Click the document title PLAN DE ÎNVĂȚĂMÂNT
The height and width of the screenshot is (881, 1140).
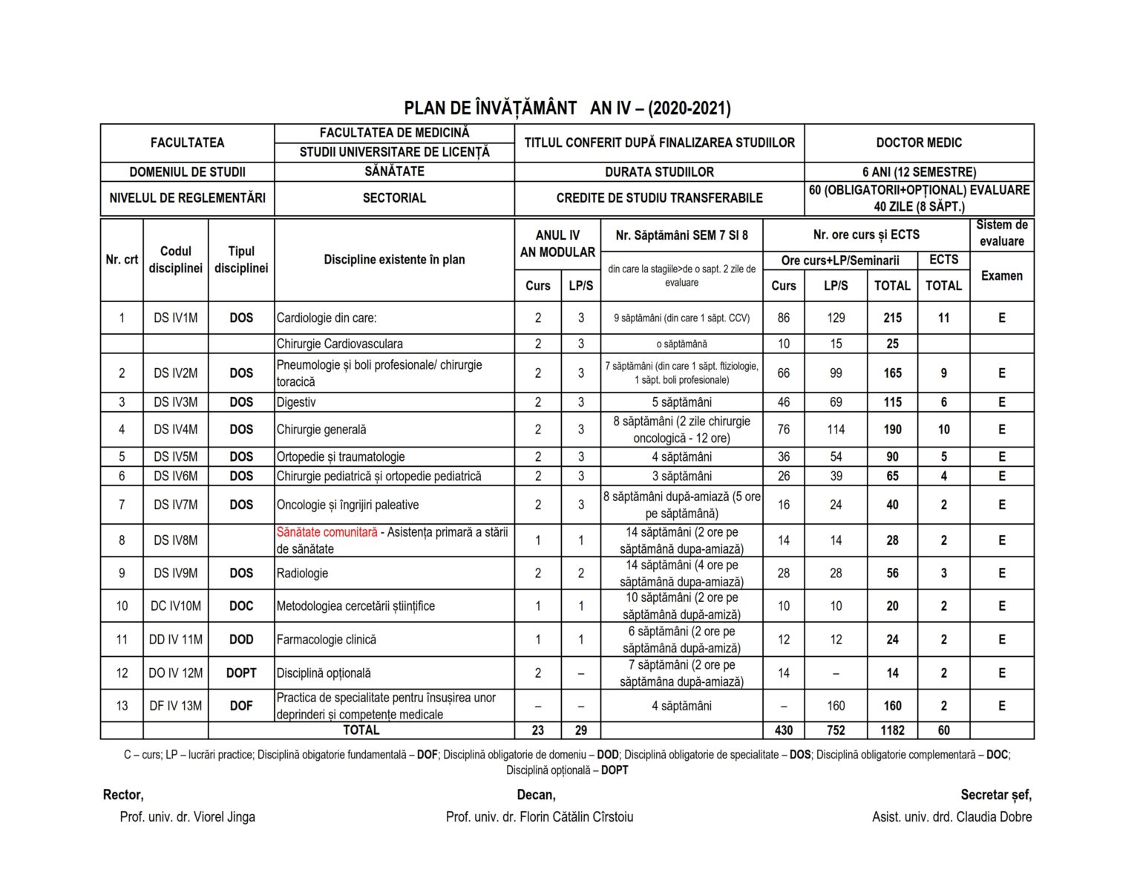[x=491, y=108]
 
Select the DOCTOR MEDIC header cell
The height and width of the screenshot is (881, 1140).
[x=919, y=143]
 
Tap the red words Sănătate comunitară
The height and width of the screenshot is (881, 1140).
[x=327, y=532]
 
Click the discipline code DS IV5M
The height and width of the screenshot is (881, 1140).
[x=176, y=456]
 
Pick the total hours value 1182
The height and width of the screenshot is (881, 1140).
[x=892, y=730]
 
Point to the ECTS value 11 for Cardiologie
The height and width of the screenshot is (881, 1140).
[x=943, y=318]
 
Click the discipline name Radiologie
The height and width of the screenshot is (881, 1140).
[x=302, y=573]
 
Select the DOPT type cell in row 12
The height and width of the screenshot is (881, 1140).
[x=241, y=673]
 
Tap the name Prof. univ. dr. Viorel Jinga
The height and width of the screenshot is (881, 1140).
[x=188, y=816]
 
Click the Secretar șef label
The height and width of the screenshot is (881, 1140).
[x=996, y=795]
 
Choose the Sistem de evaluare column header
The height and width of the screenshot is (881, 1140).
[x=1001, y=233]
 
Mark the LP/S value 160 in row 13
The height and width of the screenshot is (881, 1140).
[x=836, y=706]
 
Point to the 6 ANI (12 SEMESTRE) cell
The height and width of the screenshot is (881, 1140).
[x=919, y=172]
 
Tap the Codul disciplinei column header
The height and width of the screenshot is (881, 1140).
[x=176, y=259]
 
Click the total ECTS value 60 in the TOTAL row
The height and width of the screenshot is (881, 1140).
[x=943, y=730]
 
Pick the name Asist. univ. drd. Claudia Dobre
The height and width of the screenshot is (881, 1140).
[x=951, y=816]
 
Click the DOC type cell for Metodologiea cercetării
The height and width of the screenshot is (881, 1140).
[x=241, y=606]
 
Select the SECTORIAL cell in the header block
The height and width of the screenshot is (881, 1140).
[x=394, y=198]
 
